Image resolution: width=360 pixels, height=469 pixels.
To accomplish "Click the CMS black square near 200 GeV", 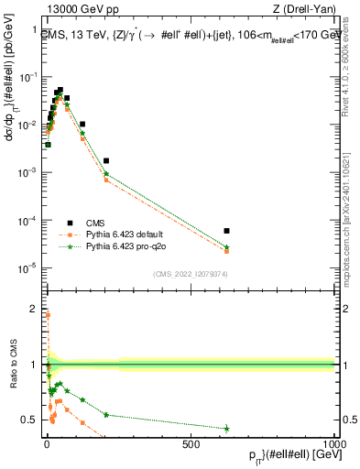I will coord(105,160).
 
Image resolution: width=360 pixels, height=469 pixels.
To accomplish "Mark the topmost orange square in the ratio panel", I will coord(47,315).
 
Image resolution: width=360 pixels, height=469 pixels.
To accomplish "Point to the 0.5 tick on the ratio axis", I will coord(31,420).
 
